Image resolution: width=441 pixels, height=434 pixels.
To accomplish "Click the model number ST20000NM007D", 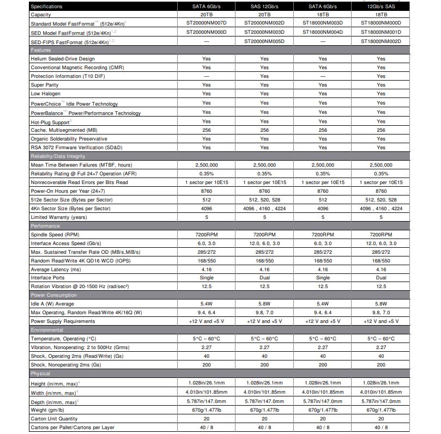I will (x=206, y=23).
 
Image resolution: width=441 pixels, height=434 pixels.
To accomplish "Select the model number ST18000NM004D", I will (x=323, y=32).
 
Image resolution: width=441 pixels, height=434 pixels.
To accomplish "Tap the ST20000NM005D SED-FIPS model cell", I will (x=264, y=41).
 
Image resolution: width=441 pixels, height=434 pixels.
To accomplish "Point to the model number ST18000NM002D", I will (x=380, y=41).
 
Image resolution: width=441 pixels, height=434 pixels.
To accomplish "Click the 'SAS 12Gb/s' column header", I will (x=264, y=6).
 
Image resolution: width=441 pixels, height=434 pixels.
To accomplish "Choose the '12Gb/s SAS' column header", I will (x=380, y=6).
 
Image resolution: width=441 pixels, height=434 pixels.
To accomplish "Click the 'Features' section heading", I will (x=41, y=50).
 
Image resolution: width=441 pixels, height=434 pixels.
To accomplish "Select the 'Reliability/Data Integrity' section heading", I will (x=58, y=156).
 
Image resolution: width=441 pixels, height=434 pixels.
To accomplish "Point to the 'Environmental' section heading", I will (x=47, y=330).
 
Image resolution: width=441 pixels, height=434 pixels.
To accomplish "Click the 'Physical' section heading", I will (x=40, y=374).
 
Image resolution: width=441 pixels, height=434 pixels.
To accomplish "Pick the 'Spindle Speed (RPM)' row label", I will (x=55, y=235).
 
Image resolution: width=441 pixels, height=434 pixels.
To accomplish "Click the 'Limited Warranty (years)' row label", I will (x=58, y=217).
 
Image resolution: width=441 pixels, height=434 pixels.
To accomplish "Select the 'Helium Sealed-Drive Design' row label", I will (x=62, y=59).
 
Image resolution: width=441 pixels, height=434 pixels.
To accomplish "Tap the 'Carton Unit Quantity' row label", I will (x=54, y=419).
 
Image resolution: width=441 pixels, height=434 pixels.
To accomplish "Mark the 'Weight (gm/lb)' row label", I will (x=47, y=410).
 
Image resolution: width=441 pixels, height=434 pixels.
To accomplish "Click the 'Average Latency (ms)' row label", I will (x=56, y=270).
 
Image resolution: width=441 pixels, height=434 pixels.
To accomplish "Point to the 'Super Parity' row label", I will (x=44, y=85).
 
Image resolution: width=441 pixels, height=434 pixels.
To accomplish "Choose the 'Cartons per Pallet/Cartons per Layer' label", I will (x=73, y=427).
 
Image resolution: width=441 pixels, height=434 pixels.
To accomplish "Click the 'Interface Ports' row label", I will (x=50, y=278).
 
